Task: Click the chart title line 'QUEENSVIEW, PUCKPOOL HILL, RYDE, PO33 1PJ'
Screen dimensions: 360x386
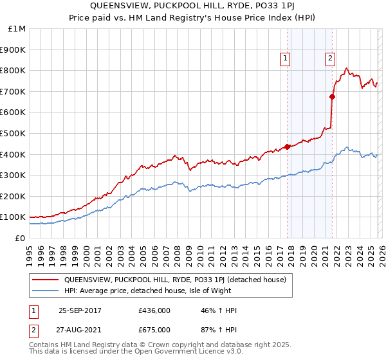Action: pos(193,6)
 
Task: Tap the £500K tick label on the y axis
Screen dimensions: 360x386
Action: pos(13,133)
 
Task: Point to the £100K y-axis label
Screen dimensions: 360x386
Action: pos(13,217)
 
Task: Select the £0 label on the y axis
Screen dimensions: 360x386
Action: pos(19,239)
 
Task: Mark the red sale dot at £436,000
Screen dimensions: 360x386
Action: pos(287,147)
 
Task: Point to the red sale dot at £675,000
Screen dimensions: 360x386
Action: pos(332,96)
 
